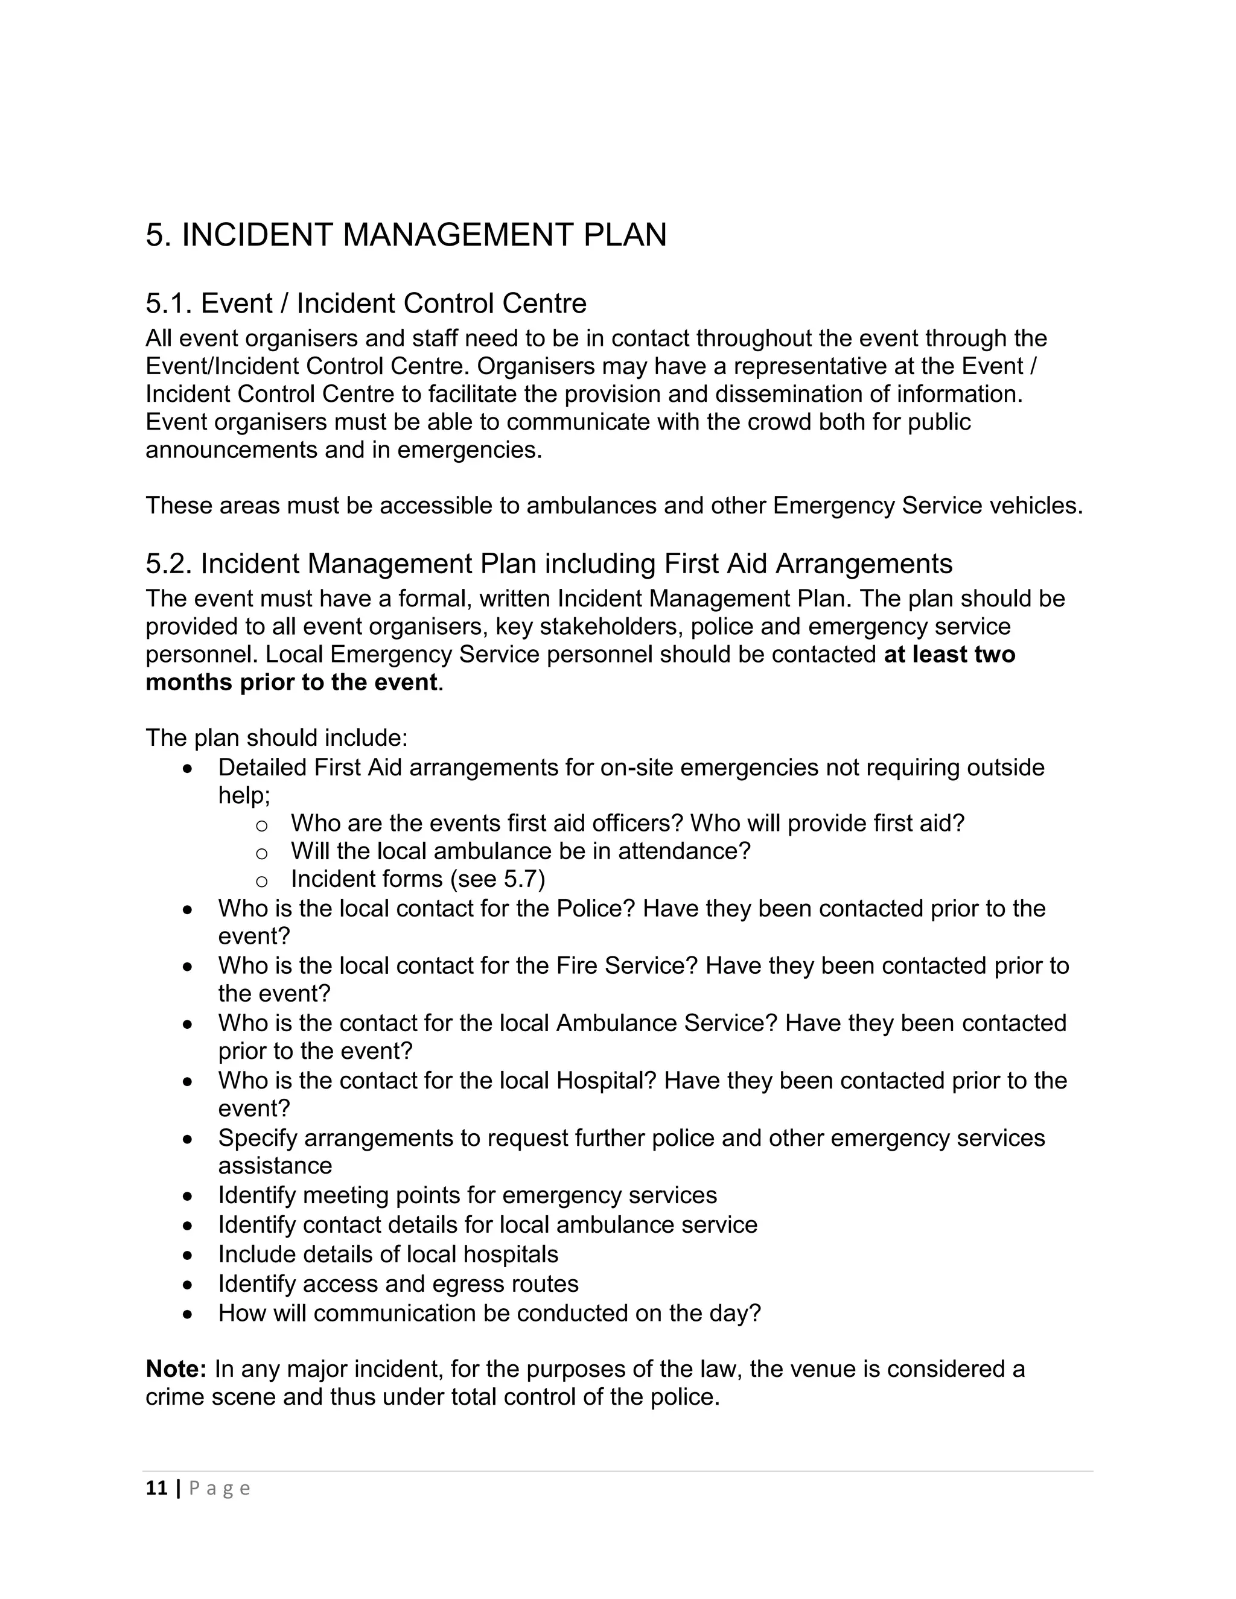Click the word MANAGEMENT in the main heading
pyautogui.click(x=459, y=235)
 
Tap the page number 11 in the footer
pyautogui.click(x=157, y=1488)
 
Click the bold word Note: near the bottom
pyautogui.click(x=176, y=1369)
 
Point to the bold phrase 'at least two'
pyautogui.click(x=949, y=654)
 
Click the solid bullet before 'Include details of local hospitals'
pyautogui.click(x=188, y=1255)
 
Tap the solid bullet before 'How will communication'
pyautogui.click(x=188, y=1314)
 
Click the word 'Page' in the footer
pyautogui.click(x=220, y=1489)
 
